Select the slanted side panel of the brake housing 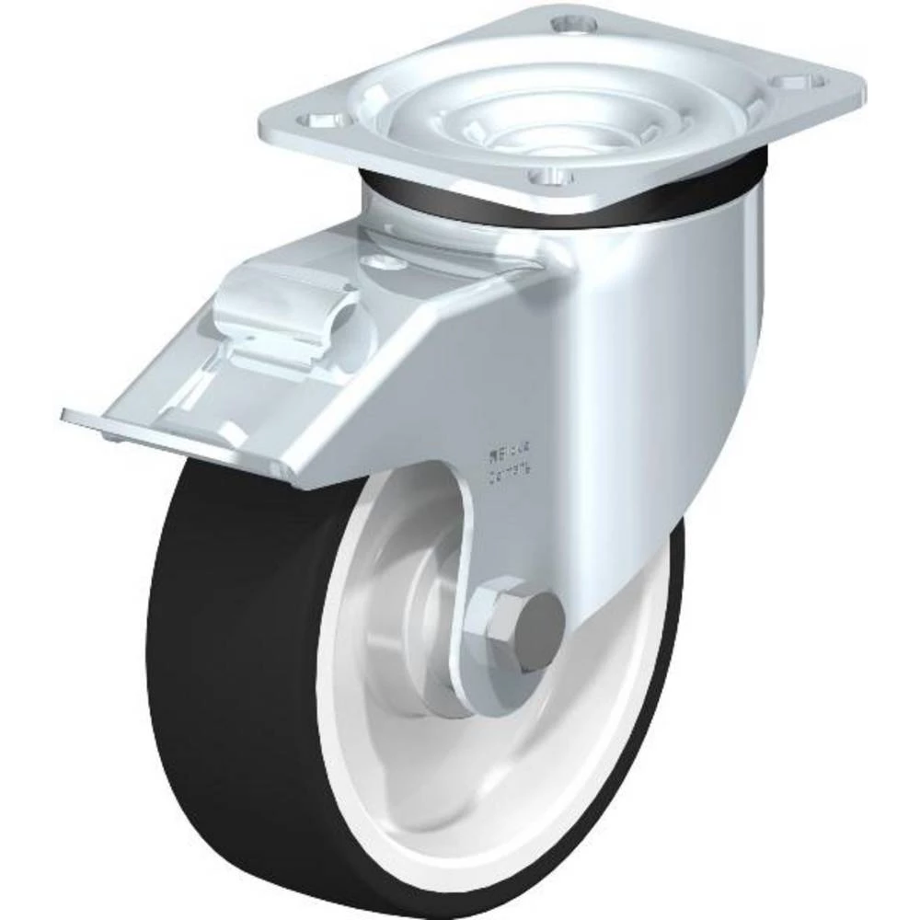click(x=423, y=386)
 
